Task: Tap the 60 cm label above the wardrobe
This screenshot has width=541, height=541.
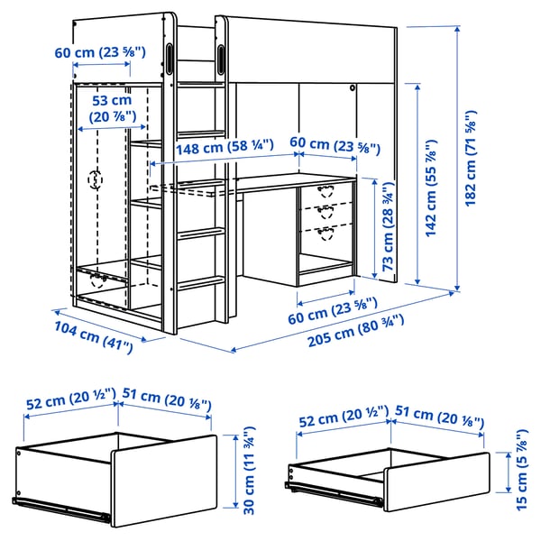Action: [x=99, y=52]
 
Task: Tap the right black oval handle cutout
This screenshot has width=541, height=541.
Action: [x=222, y=57]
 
